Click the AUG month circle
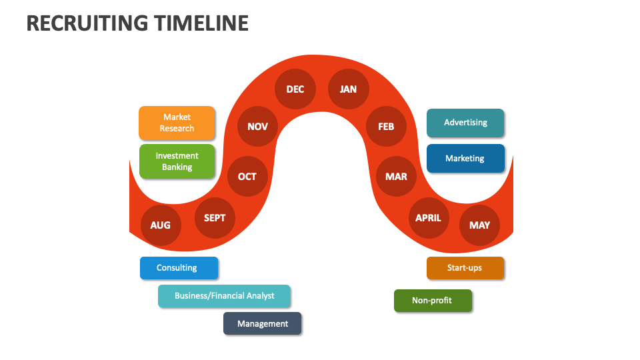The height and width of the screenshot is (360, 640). point(161,225)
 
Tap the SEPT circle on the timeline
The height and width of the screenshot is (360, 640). point(215,217)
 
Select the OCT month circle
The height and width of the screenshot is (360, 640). point(247,176)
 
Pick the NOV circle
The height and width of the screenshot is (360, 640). point(257,125)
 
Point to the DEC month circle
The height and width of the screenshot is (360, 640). point(295,89)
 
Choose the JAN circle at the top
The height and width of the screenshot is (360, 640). point(348,89)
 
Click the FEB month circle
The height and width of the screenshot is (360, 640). point(386,125)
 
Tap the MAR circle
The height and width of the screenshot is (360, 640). point(396,176)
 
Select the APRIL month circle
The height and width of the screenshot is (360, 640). point(429,217)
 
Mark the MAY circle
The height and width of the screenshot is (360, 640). point(480,225)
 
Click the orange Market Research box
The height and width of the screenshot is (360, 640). point(177,123)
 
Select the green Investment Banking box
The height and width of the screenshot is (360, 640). point(177,161)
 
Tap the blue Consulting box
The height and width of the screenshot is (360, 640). point(179,268)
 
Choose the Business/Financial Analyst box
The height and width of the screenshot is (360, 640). point(224,296)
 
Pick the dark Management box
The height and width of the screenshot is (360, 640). point(262,323)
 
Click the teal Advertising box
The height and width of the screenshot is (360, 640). point(465,123)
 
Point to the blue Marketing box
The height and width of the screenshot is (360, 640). point(465,159)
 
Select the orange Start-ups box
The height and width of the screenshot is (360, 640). point(465,268)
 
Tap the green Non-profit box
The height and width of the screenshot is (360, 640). point(433,301)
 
